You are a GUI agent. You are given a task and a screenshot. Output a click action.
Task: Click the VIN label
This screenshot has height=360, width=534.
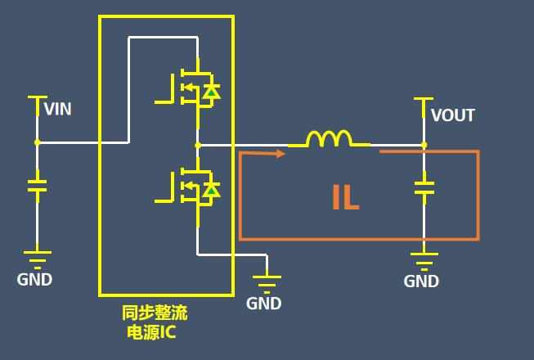(57, 109)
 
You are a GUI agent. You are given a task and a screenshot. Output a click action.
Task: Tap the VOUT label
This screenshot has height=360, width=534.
(452, 115)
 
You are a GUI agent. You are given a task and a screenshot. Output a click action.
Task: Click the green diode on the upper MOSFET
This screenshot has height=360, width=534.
(211, 92)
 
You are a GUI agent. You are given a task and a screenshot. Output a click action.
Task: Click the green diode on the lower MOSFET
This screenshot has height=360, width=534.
(211, 190)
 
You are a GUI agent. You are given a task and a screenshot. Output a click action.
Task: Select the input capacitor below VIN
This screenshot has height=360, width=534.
(37, 186)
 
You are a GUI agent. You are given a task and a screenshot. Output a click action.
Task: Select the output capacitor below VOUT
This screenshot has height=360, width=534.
(423, 187)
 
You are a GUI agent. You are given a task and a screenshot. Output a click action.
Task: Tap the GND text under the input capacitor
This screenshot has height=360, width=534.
(34, 280)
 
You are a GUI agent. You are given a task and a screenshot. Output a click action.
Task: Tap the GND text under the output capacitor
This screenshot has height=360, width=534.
(421, 281)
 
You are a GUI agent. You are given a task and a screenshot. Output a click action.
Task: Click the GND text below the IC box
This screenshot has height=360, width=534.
(264, 304)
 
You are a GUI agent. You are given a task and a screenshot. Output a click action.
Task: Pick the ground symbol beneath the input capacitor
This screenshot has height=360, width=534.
(37, 257)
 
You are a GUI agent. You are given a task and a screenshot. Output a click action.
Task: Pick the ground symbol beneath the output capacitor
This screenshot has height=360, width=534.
(423, 259)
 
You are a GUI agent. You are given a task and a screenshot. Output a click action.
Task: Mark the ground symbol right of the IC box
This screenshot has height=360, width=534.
(267, 281)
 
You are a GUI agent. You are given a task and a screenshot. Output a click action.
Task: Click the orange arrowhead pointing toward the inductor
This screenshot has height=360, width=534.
(280, 151)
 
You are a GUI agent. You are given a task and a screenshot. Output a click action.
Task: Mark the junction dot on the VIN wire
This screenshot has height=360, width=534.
(37, 142)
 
